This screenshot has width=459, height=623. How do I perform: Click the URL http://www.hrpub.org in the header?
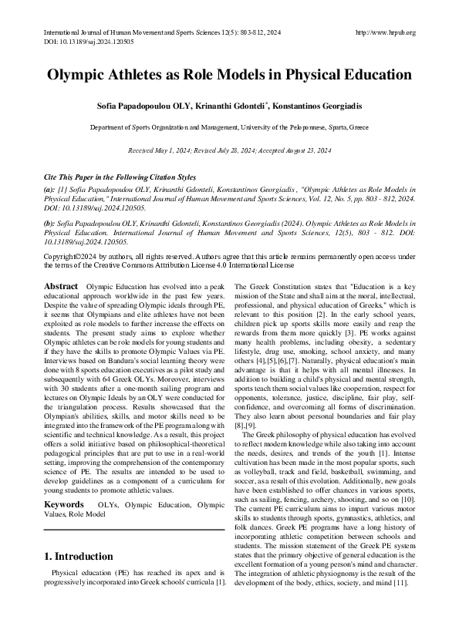click(386, 32)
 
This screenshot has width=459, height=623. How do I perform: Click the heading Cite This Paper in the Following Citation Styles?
click(120, 177)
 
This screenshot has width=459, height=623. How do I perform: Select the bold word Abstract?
click(61, 286)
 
